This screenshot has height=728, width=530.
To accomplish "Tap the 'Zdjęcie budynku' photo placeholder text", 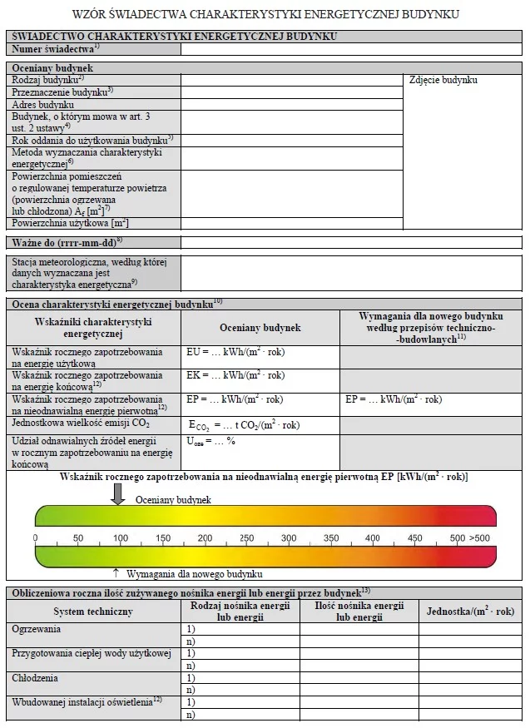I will point(443,81).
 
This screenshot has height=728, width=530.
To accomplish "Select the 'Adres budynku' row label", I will point(43,105).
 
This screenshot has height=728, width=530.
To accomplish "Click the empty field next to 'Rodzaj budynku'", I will point(291,80).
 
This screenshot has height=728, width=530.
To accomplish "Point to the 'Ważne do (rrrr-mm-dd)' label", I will point(67,242).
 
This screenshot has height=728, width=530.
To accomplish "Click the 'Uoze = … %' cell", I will point(211,441).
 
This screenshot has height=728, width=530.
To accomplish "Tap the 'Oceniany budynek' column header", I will point(260,328).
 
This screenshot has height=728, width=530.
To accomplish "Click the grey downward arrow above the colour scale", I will point(118,494).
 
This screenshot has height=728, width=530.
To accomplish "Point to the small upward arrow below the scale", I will point(116,573).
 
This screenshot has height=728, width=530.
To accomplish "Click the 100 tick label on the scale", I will point(120,538).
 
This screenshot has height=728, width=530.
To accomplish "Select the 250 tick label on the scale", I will point(246,538).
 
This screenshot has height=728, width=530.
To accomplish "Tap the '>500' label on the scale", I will point(479,538).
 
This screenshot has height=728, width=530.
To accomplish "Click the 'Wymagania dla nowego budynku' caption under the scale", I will point(195,574).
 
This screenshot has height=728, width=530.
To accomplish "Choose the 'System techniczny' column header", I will point(92,612).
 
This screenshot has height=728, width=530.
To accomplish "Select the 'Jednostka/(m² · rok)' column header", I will point(470,612).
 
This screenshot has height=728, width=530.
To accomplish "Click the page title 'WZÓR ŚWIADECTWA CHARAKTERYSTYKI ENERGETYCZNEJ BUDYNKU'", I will point(265,14).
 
